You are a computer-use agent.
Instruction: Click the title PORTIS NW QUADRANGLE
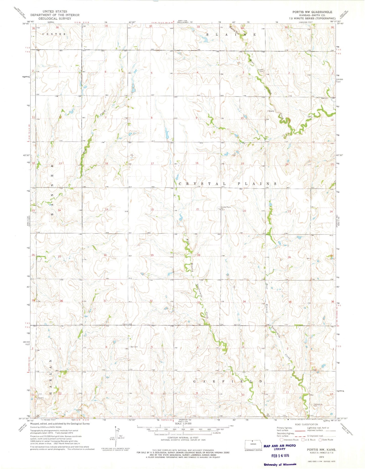[312, 12]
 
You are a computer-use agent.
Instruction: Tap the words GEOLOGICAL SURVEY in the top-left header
[55, 18]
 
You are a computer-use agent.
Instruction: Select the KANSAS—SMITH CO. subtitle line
[312, 15]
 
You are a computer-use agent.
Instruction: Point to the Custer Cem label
[261, 71]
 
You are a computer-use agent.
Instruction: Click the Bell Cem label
[134, 347]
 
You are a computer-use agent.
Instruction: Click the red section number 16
[197, 163]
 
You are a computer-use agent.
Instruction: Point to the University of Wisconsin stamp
[280, 464]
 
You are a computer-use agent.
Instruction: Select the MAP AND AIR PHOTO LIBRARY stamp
[279, 447]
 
